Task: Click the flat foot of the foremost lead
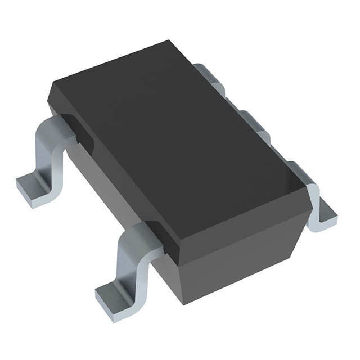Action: (110, 291)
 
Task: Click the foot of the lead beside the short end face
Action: (325, 217)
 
